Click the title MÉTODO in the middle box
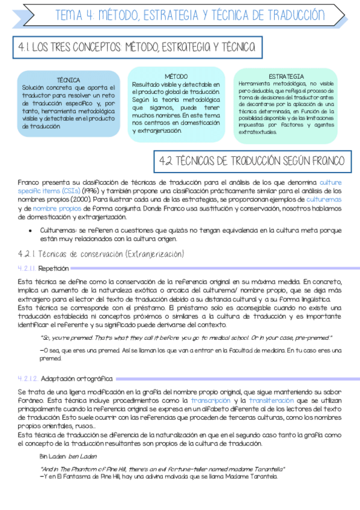pos(176,76)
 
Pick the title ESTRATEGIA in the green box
pos(286,76)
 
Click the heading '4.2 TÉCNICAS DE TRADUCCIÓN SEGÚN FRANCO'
pos(252,161)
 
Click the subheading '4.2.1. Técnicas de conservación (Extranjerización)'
pos(100,253)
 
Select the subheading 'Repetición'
pos(53,268)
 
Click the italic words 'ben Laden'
pos(82,456)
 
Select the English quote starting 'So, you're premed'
pos(186,338)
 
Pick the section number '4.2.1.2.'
pos(28,378)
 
